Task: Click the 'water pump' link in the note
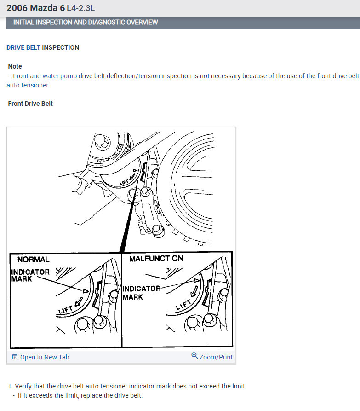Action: click(60, 76)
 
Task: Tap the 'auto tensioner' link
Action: click(28, 85)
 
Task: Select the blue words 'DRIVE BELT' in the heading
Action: click(23, 47)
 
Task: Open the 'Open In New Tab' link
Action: click(45, 357)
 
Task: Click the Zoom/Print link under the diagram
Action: click(216, 357)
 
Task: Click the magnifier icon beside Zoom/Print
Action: click(194, 355)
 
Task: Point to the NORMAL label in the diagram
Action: click(33, 260)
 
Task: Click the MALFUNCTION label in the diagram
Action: click(156, 259)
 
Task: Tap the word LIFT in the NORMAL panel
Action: click(65, 310)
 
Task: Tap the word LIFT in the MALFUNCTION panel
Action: click(183, 305)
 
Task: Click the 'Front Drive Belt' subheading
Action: click(30, 104)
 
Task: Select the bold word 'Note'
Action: click(15, 66)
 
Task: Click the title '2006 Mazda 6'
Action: click(35, 8)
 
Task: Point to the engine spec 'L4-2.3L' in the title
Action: click(80, 8)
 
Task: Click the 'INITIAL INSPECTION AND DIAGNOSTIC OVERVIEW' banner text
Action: click(86, 22)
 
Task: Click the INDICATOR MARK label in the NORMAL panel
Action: click(30, 275)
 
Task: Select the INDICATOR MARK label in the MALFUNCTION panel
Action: click(142, 293)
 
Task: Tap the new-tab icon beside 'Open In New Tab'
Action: click(15, 357)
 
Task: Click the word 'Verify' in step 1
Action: click(23, 386)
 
